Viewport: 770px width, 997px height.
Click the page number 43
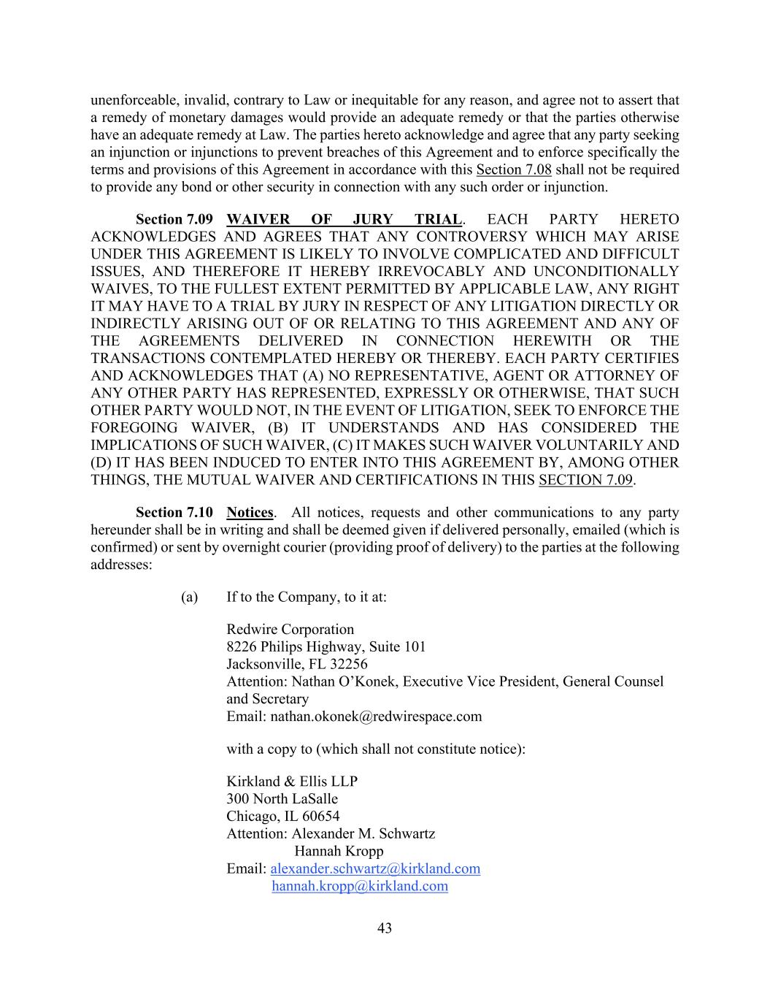[385, 928]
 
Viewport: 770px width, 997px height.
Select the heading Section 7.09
[174, 220]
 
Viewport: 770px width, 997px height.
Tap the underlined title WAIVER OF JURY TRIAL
[344, 220]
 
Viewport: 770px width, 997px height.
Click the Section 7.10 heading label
[174, 513]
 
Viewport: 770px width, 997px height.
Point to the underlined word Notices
[250, 513]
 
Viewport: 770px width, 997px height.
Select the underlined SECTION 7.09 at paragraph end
[585, 480]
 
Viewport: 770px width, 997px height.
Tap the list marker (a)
[190, 597]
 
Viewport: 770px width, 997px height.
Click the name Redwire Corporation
[290, 629]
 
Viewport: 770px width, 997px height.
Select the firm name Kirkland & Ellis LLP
[292, 781]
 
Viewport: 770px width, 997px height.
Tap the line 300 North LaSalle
[282, 798]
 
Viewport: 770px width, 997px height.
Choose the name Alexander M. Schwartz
[363, 833]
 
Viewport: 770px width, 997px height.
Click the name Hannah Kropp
[339, 851]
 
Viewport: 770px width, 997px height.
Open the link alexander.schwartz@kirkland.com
[375, 868]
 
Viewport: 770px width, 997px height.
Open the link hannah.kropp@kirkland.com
[360, 886]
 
